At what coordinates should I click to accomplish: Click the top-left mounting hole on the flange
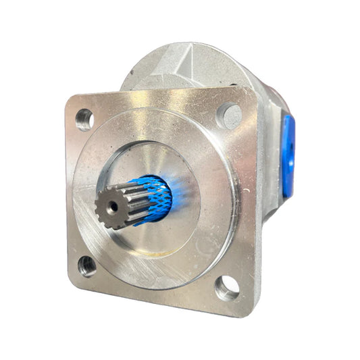(84, 120)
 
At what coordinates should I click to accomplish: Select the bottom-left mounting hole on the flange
(86, 265)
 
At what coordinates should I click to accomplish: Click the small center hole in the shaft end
(110, 203)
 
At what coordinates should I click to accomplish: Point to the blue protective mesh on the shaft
(153, 197)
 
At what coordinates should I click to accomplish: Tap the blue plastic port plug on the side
(288, 155)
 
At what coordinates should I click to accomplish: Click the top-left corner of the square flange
(68, 99)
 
